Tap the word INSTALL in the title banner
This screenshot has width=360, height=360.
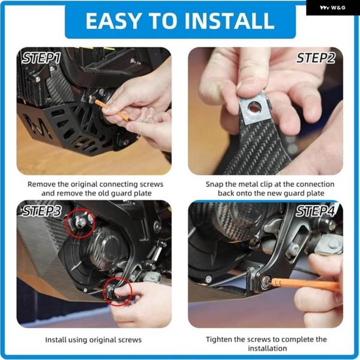pos(229,21)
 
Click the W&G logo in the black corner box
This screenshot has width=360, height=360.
pos(332,8)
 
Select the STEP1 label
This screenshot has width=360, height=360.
pos(41,58)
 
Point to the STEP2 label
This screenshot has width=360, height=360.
pos(316,58)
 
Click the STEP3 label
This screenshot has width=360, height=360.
pos(42,211)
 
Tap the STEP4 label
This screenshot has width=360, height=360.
pos(315,211)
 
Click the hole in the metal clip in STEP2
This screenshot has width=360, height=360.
pos(254,107)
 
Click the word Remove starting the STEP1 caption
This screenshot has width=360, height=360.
pos(42,184)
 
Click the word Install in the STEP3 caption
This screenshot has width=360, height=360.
pos(55,340)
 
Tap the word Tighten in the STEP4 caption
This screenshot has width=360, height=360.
pos(218,340)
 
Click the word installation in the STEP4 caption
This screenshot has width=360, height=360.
pos(268,348)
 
